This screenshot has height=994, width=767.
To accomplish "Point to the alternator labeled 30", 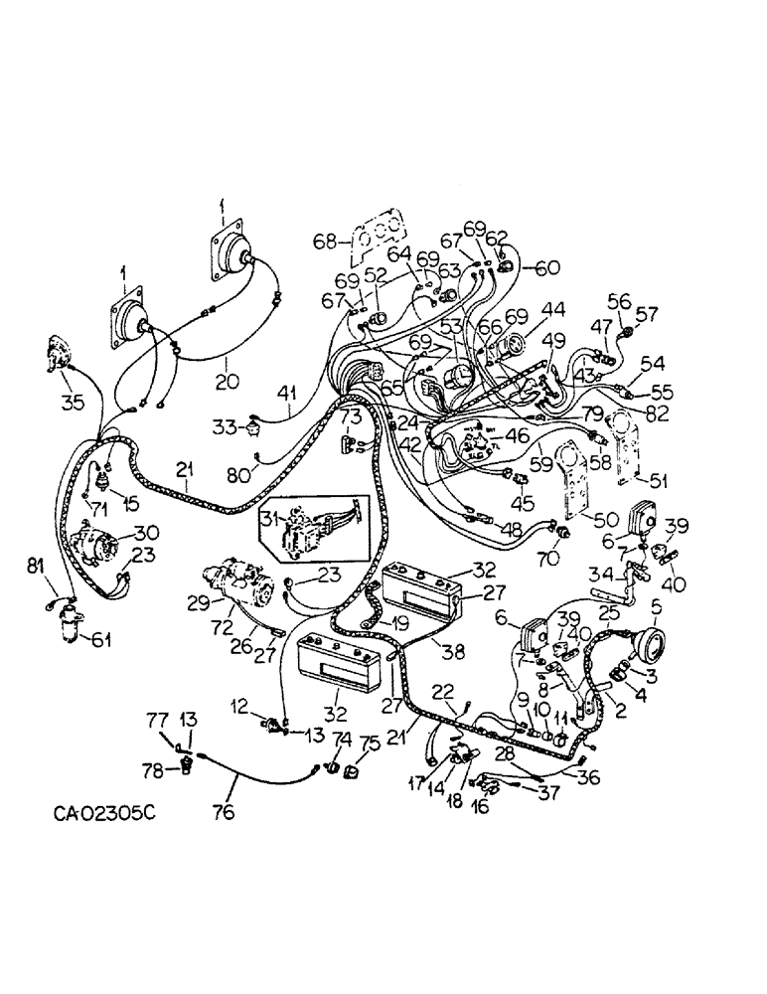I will pos(99,546).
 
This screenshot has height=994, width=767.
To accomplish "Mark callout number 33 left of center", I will pos(223,427).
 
